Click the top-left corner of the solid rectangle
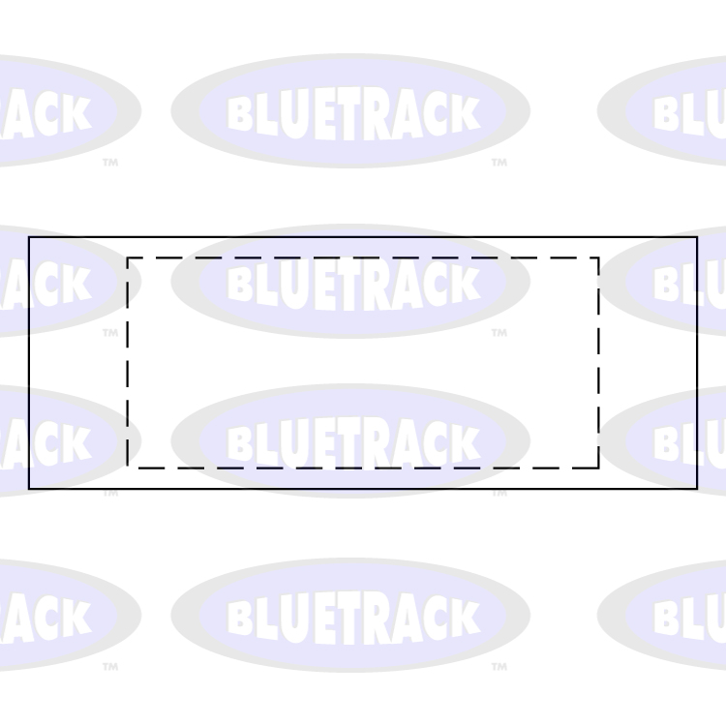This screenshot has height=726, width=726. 29,237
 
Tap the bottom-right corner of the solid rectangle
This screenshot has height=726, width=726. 697,489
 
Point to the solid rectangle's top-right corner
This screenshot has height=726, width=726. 697,237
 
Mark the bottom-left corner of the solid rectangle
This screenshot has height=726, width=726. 29,489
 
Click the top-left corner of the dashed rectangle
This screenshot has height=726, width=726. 128,257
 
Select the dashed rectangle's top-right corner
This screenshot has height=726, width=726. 598,257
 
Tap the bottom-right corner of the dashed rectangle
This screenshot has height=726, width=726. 598,468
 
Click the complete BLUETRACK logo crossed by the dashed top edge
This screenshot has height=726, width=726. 350,282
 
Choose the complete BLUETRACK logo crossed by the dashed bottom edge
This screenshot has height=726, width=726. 350,442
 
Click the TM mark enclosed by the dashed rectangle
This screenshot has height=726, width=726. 499,333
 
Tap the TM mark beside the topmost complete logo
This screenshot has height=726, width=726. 499,163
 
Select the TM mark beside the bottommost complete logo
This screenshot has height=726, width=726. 499,667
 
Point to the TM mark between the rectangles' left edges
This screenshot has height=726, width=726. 110,333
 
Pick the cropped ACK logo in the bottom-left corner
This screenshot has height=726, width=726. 58,616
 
